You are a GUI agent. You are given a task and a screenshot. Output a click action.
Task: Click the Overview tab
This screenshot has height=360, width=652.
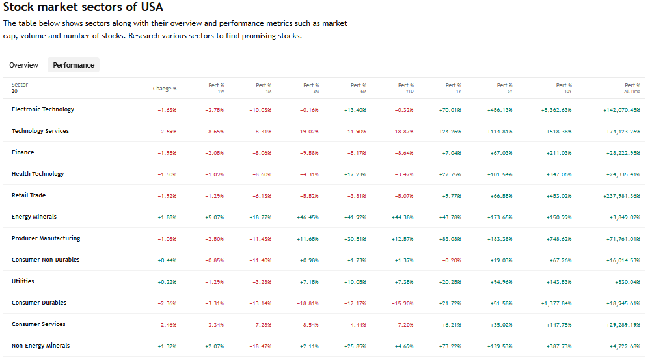point(23,65)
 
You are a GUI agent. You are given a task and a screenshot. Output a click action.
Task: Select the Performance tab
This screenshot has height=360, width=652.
point(74,65)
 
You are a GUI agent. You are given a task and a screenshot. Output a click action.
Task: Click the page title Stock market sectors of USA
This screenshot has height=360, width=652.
point(83,8)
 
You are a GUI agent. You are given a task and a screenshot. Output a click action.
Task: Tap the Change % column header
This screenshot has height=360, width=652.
point(165,89)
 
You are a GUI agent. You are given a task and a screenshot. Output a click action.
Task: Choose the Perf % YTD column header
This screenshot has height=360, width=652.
point(405,88)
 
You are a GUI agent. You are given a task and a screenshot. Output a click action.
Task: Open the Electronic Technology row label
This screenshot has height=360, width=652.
point(43,109)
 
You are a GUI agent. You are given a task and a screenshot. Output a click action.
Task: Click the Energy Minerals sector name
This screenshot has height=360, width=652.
point(34,217)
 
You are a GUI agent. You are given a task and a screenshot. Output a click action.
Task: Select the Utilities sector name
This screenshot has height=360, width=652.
point(23,281)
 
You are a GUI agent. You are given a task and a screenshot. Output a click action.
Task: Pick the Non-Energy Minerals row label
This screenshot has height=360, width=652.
point(40,346)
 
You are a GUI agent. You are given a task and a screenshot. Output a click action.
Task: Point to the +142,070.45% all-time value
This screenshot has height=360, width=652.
point(621,110)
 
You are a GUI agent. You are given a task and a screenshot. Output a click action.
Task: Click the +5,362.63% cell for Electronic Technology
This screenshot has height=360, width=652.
point(556,110)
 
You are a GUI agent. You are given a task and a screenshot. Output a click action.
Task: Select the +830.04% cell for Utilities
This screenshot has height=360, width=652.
point(626,282)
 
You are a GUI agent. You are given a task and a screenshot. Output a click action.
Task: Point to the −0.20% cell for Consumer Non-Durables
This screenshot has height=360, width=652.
point(451,260)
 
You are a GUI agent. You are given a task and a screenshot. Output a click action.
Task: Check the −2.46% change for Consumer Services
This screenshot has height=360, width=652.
point(167,325)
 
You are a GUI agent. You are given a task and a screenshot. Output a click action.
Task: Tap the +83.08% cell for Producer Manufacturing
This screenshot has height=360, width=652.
point(450,239)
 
